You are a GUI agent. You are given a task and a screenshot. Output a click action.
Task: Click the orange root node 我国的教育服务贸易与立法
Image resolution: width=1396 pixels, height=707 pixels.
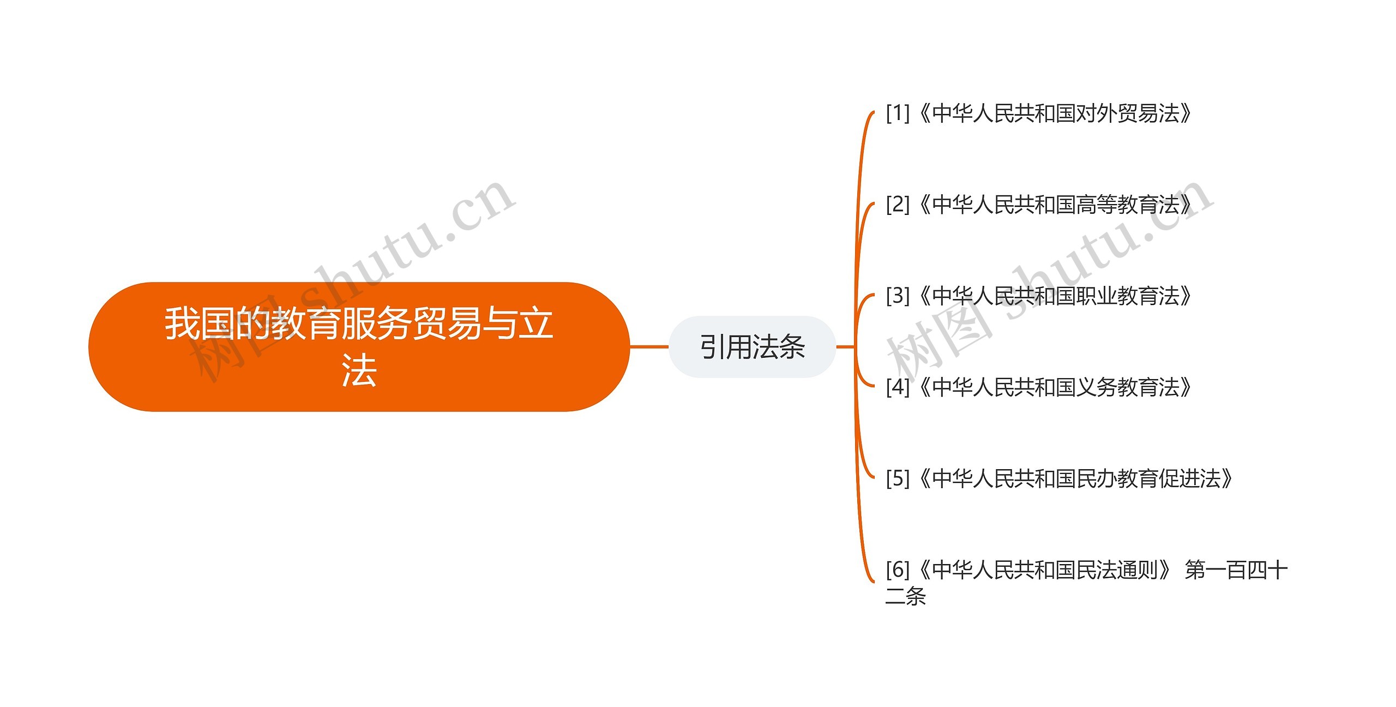pyautogui.click(x=359, y=346)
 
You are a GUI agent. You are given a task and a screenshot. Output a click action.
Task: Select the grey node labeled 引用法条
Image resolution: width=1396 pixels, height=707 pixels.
pyautogui.click(x=752, y=347)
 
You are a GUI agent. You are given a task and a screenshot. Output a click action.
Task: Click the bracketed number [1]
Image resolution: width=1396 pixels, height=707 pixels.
pyautogui.click(x=898, y=113)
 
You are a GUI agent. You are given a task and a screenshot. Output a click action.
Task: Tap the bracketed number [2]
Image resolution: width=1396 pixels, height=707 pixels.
pyautogui.click(x=898, y=205)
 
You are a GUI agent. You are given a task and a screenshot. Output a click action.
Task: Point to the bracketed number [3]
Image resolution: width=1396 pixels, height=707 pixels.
pyautogui.click(x=898, y=296)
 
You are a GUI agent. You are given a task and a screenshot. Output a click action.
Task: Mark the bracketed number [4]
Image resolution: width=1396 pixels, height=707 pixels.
pyautogui.click(x=898, y=387)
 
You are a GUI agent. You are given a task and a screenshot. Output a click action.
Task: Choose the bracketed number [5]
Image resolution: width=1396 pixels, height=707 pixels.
pyautogui.click(x=898, y=478)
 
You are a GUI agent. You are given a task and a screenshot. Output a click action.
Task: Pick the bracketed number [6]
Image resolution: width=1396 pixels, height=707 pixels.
pyautogui.click(x=898, y=570)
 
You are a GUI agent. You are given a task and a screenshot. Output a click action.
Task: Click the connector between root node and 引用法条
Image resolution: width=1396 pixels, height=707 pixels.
pyautogui.click(x=649, y=346)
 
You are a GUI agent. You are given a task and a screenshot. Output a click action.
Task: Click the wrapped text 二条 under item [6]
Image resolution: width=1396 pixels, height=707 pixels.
pyautogui.click(x=906, y=596)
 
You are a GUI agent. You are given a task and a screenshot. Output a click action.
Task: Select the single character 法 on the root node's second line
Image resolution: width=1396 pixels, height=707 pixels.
pyautogui.click(x=359, y=371)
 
